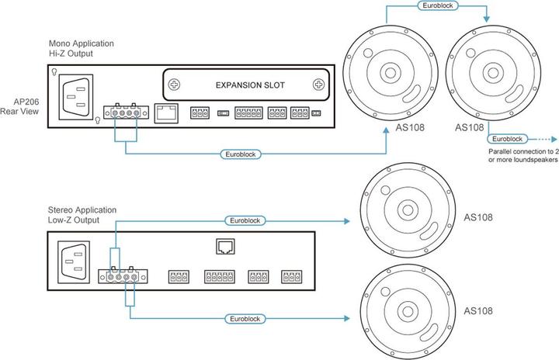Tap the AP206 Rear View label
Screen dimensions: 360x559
22,107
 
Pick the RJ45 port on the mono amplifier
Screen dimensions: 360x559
165,113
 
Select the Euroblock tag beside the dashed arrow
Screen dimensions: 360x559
508,138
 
